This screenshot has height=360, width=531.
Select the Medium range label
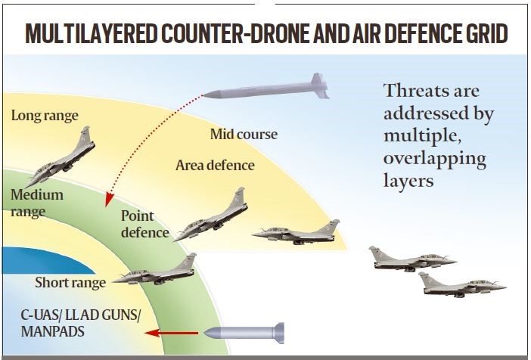click(36, 202)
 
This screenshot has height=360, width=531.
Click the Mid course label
click(243, 135)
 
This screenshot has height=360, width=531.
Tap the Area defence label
click(215, 165)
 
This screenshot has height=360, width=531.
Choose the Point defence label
click(144, 225)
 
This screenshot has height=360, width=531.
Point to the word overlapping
click(434, 162)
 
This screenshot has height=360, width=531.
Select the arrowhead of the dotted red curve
click(109, 200)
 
